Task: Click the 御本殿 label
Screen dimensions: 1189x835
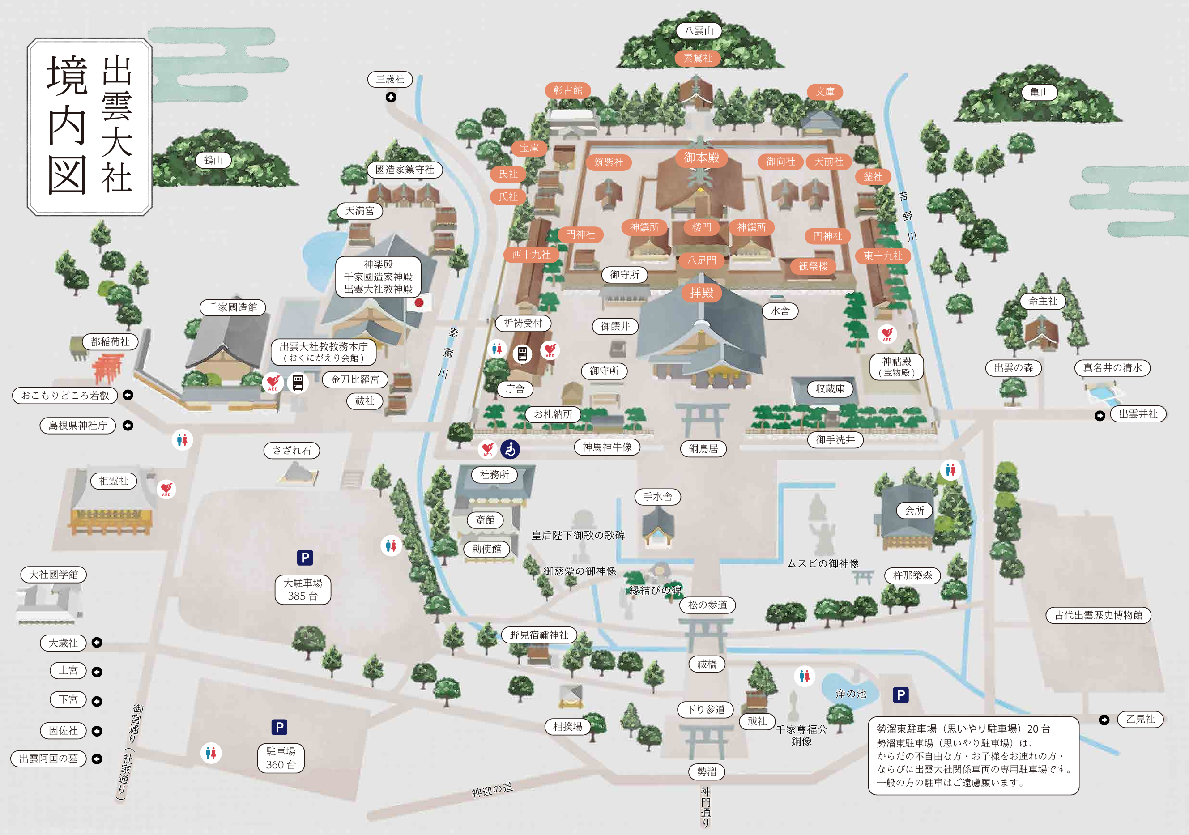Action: (x=702, y=158)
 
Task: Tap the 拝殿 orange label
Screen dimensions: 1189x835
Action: (x=702, y=293)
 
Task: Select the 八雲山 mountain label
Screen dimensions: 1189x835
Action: (x=699, y=30)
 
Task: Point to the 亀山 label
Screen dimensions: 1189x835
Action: (x=1040, y=92)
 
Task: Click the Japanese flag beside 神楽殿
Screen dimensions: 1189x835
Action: (x=419, y=302)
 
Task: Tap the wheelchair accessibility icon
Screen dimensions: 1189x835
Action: (x=510, y=449)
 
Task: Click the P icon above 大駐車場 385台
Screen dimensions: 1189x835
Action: (x=305, y=558)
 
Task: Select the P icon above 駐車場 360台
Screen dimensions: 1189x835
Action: (x=280, y=727)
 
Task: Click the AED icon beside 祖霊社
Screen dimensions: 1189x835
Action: (x=166, y=489)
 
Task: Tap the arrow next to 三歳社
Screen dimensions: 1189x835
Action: (x=391, y=97)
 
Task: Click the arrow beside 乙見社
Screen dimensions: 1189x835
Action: (x=1104, y=720)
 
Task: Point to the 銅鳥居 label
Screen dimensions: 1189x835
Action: (x=703, y=448)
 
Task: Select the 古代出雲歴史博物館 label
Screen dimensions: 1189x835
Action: (x=1098, y=615)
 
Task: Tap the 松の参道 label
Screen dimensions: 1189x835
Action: (x=707, y=605)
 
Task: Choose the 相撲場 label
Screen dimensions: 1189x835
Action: (x=567, y=726)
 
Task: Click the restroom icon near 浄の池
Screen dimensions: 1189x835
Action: (x=804, y=676)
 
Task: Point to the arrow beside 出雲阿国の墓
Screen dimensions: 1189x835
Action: (x=97, y=759)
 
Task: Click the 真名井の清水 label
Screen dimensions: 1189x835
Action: (x=1112, y=368)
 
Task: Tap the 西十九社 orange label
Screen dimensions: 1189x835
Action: (x=531, y=254)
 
